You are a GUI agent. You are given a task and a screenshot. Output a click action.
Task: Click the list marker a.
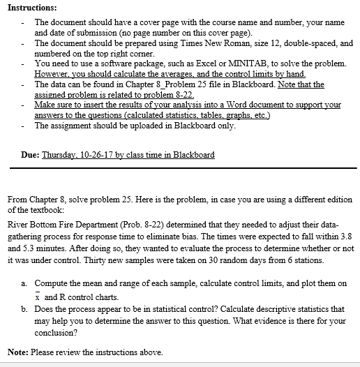tap(24, 284)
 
